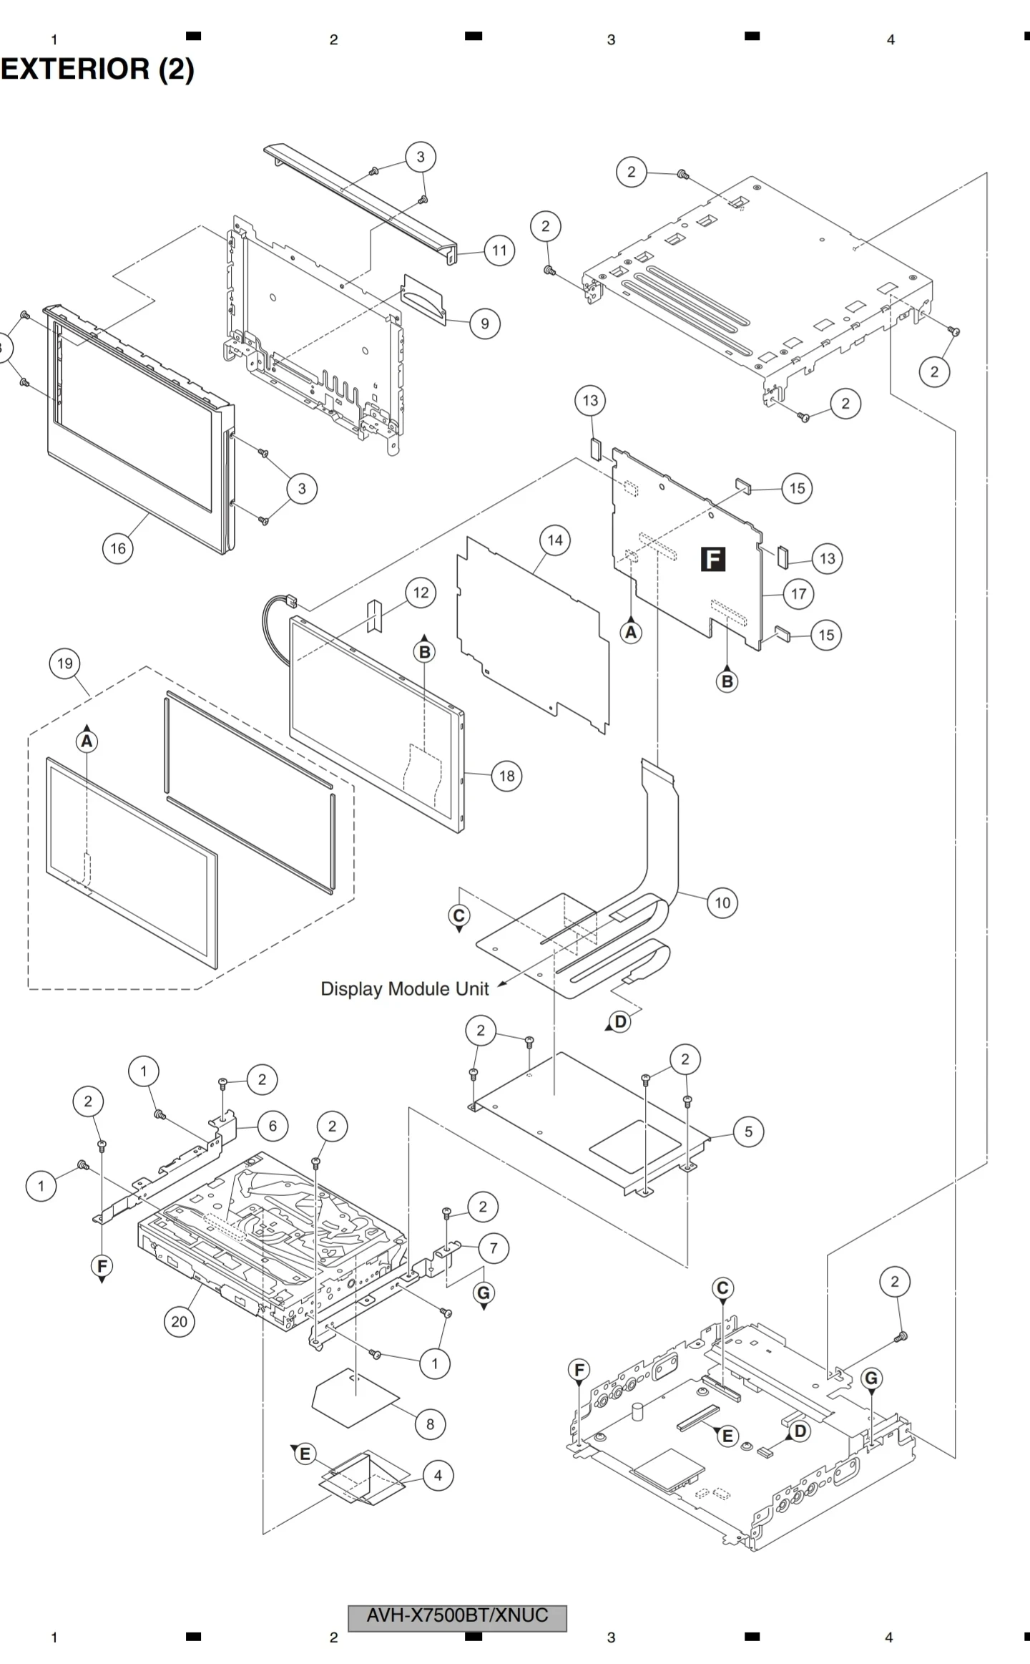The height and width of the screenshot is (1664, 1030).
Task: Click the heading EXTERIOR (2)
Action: point(97,69)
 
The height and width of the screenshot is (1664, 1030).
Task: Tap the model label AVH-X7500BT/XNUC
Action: point(457,1615)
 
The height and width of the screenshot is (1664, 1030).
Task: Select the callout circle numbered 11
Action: point(499,250)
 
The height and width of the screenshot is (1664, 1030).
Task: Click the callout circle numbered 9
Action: point(484,323)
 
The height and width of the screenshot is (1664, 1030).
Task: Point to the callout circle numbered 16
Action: point(118,549)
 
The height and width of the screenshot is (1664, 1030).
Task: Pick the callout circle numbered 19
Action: point(65,663)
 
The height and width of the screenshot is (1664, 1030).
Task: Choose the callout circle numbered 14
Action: point(555,540)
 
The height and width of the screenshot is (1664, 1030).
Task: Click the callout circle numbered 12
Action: point(421,593)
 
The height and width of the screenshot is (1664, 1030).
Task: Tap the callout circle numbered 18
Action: point(506,776)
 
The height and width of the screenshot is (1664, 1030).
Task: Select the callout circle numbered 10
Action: point(722,903)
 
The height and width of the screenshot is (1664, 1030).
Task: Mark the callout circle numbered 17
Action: point(798,593)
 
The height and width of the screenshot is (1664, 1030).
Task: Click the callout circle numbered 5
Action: point(748,1132)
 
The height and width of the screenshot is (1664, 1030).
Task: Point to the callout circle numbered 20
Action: point(179,1321)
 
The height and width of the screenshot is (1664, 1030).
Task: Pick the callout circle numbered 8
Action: point(430,1424)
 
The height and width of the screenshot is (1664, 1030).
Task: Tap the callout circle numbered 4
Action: point(438,1475)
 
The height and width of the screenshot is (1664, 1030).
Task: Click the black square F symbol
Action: point(713,559)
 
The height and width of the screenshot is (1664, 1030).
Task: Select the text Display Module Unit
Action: point(404,989)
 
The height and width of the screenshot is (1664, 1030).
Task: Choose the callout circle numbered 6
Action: point(273,1126)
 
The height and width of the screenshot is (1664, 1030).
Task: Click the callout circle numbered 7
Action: point(493,1249)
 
